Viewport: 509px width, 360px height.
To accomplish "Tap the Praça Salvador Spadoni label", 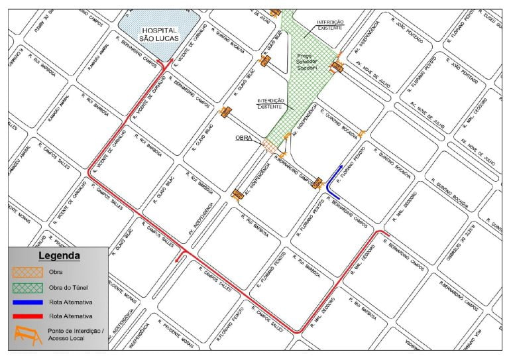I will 306,63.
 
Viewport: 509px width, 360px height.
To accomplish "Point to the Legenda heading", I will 59,255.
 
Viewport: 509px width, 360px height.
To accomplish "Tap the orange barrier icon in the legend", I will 27,335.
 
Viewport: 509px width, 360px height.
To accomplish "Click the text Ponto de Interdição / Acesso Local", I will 74,335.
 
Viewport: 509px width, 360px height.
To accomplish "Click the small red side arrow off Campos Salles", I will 177,260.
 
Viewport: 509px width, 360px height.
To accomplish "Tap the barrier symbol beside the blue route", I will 317,182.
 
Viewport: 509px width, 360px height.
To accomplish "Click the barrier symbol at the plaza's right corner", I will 338,66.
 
